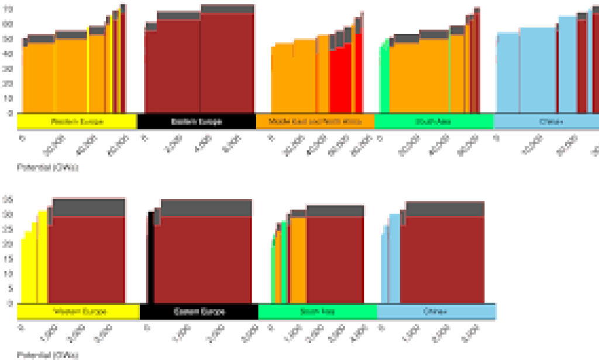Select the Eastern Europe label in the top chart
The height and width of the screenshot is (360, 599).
pos(196,122)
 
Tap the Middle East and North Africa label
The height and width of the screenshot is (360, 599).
pos(315,122)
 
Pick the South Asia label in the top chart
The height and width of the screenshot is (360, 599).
pos(433,122)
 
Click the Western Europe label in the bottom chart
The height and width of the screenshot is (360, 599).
pos(78,311)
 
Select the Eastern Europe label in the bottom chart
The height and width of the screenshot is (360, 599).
pos(198,311)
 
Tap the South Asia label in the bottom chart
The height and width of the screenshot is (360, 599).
pos(317,311)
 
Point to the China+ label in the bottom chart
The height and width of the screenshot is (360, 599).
pos(436,311)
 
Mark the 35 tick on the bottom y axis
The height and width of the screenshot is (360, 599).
pos(8,200)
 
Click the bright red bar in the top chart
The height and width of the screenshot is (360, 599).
pos(340,79)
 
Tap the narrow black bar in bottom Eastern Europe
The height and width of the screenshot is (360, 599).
pos(151,258)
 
